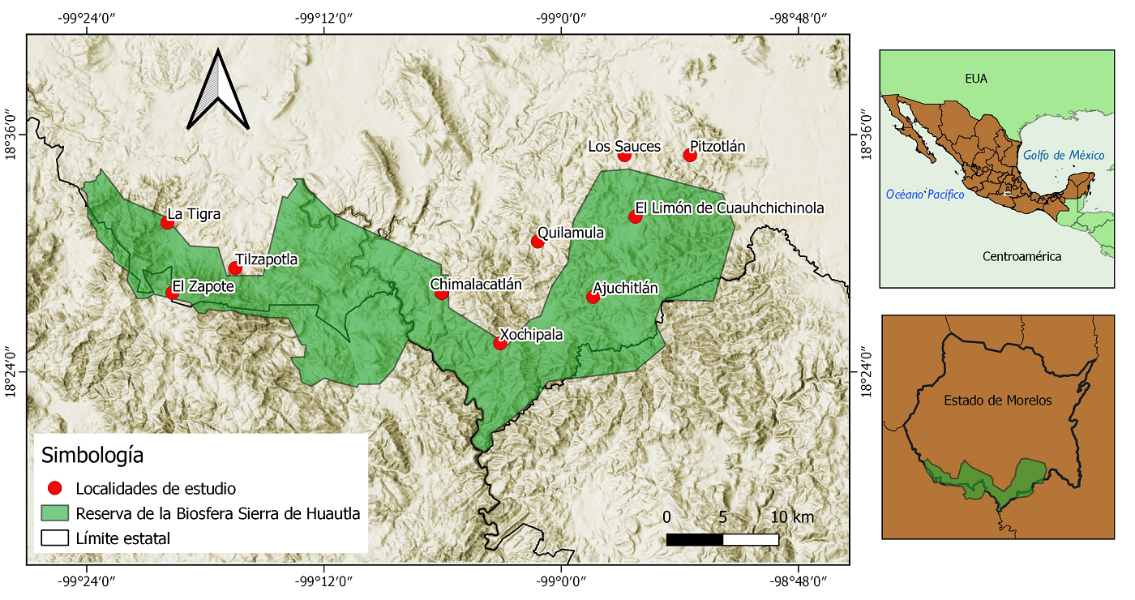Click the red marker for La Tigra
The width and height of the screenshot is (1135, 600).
tap(168, 222)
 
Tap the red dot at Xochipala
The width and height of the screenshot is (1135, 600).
tap(500, 343)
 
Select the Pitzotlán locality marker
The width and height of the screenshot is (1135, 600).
tap(690, 155)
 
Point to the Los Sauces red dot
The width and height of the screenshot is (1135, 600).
tap(624, 155)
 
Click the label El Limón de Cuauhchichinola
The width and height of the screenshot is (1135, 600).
tap(729, 208)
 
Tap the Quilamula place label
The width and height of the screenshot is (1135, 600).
tap(571, 233)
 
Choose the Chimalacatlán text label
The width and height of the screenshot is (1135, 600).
tap(476, 285)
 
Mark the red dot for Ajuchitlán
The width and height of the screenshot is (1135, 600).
tap(593, 297)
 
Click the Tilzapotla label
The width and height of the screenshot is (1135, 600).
tap(267, 260)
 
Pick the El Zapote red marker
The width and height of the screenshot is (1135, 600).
tap(173, 293)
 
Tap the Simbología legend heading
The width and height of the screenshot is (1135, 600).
tap(92, 455)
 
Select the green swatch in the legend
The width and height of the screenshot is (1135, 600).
tap(55, 513)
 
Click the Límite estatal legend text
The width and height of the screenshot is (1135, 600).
tap(122, 538)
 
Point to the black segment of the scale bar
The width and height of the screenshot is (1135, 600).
tap(694, 539)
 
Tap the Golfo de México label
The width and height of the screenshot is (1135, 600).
tap(1063, 155)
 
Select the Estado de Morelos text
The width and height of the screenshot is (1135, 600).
tap(997, 401)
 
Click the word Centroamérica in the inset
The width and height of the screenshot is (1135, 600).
tap(1021, 256)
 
